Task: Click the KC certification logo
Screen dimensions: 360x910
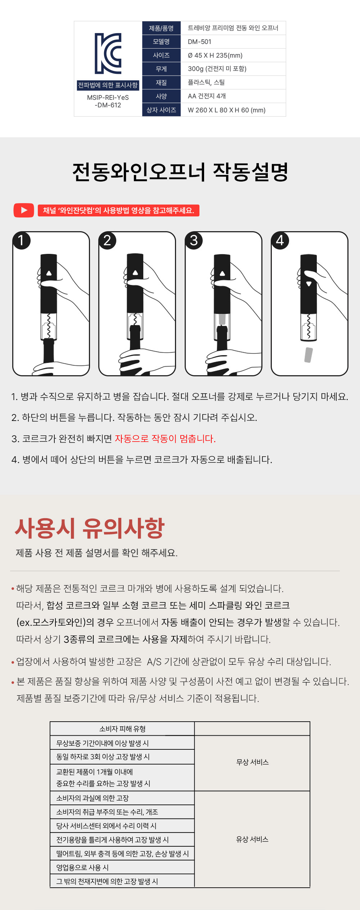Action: (x=108, y=53)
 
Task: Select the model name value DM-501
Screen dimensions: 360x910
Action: (x=199, y=42)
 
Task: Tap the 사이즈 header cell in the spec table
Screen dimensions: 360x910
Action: (x=161, y=55)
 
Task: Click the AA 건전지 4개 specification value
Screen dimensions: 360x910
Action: (x=207, y=96)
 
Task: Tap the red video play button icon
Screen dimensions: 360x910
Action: (x=24, y=210)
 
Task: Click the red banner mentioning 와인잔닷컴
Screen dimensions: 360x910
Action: (x=118, y=210)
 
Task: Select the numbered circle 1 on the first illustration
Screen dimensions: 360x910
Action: (x=21, y=240)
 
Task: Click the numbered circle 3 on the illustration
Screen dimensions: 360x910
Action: (x=194, y=240)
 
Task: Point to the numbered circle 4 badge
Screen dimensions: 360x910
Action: (x=280, y=240)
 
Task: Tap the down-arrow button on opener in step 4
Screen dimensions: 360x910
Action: (x=309, y=284)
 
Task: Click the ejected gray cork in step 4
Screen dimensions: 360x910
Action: (x=309, y=355)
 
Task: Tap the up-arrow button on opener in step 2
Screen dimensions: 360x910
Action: (x=135, y=273)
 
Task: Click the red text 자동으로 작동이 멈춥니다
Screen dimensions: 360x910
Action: (x=165, y=439)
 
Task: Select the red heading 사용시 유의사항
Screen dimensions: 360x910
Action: (x=90, y=528)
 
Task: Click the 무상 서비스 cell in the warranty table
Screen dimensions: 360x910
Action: (x=252, y=762)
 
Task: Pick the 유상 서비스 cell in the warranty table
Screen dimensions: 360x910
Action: (x=252, y=839)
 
